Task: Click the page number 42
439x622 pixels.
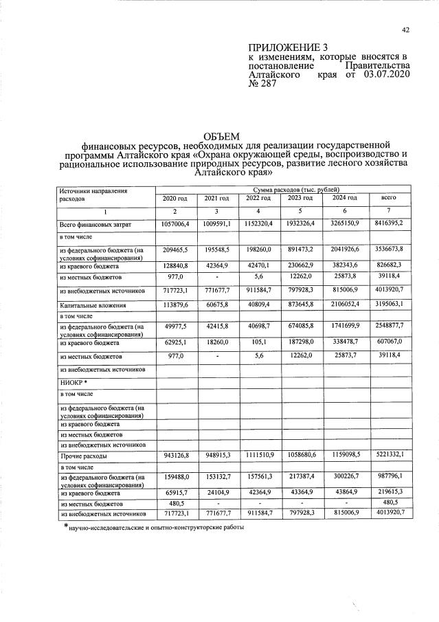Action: point(405,30)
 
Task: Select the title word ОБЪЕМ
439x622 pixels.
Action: point(221,136)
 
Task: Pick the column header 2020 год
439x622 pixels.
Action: point(175,199)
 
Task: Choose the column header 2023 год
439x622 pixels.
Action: point(300,199)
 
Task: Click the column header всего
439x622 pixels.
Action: point(388,199)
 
